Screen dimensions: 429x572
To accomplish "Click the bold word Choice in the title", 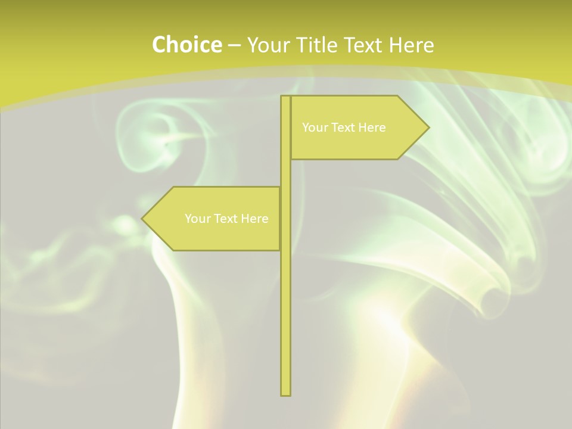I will [x=186, y=45].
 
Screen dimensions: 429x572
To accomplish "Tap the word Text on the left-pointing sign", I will [x=226, y=219].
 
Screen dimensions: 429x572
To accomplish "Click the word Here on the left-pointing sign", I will [x=254, y=219].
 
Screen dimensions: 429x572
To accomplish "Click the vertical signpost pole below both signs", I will [x=286, y=322].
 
